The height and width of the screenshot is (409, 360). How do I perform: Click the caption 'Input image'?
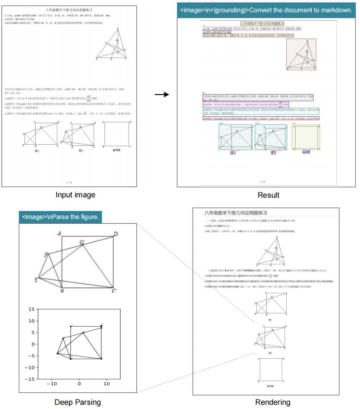click(75, 195)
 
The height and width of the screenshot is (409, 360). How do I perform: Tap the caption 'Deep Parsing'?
click(78, 402)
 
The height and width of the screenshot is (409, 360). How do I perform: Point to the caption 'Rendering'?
click(273, 402)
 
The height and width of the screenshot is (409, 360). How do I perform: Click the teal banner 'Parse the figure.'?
click(60, 217)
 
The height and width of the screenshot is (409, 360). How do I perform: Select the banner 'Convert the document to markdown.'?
click(266, 10)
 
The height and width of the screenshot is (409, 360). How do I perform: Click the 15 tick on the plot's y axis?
click(31, 309)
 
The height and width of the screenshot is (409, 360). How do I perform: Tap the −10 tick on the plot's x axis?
click(52, 384)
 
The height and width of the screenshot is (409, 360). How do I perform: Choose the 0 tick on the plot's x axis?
click(79, 384)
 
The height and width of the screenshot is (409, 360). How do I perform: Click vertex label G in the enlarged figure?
click(82, 242)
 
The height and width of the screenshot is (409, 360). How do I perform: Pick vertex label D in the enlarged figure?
click(115, 234)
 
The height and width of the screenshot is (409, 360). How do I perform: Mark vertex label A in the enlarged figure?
click(59, 233)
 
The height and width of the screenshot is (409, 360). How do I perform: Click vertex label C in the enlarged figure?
click(114, 291)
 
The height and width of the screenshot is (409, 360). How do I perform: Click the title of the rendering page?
click(236, 213)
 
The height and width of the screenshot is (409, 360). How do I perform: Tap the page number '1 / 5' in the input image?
click(69, 182)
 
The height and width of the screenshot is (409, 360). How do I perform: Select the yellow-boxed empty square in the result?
click(306, 137)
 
